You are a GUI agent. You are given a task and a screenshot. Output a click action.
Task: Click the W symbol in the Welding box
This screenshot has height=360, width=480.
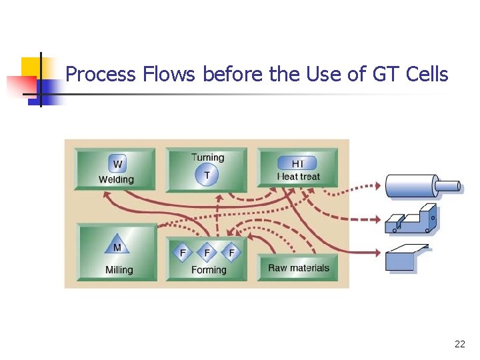coord(117,164)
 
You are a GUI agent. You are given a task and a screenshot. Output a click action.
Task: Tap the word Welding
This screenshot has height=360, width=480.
coord(116,179)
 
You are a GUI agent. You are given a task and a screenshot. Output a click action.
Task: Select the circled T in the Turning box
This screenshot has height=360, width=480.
coord(207,175)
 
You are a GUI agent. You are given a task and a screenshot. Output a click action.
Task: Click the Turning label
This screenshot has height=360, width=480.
coord(207,158)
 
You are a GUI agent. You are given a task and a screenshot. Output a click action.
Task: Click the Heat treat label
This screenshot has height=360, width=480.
coord(298,177)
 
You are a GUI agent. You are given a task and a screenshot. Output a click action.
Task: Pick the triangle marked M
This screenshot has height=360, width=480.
coord(117,247)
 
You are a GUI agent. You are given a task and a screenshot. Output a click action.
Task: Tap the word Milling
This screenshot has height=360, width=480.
coord(119,270)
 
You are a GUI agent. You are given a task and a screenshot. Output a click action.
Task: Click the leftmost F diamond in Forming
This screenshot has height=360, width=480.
coord(182,253)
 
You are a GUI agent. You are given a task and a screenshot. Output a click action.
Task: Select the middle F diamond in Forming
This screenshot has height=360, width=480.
coord(207,253)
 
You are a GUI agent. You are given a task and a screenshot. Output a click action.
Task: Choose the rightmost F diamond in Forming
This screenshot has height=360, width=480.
coord(231,253)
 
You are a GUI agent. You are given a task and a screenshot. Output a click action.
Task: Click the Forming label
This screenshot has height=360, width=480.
coord(209,270)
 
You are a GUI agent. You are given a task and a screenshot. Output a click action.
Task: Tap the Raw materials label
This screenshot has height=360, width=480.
coord(299,268)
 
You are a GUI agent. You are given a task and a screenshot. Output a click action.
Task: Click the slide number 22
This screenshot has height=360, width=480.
coord(459,345)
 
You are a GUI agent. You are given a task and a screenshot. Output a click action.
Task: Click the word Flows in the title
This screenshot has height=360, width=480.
coord(169,74)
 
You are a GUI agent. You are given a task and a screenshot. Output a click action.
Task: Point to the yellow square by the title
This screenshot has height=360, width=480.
coord(31,67)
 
